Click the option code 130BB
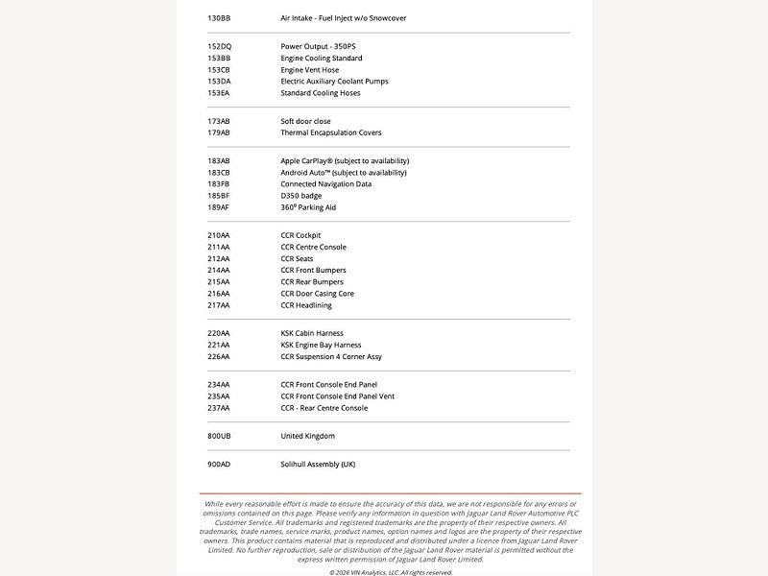pyautogui.click(x=219, y=18)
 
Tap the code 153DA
pyautogui.click(x=219, y=82)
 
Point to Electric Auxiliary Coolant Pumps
pyautogui.click(x=334, y=82)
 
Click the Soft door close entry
pyautogui.click(x=305, y=122)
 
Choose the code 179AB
pyautogui.click(x=219, y=133)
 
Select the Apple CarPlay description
pyautogui.click(x=345, y=161)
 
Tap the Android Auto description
pyautogui.click(x=344, y=173)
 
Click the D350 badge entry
pyautogui.click(x=301, y=196)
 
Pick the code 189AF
pyautogui.click(x=219, y=207)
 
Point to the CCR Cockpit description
pyautogui.click(x=300, y=235)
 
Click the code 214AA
pyautogui.click(x=219, y=271)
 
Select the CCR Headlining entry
pyautogui.click(x=306, y=305)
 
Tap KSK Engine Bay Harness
pyautogui.click(x=321, y=346)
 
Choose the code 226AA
pyautogui.click(x=219, y=357)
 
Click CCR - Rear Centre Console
pyautogui.click(x=324, y=408)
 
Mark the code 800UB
pyautogui.click(x=219, y=436)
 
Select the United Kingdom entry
pyautogui.click(x=307, y=436)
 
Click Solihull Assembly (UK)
pyautogui.click(x=318, y=465)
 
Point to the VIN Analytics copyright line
pyautogui.click(x=390, y=572)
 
